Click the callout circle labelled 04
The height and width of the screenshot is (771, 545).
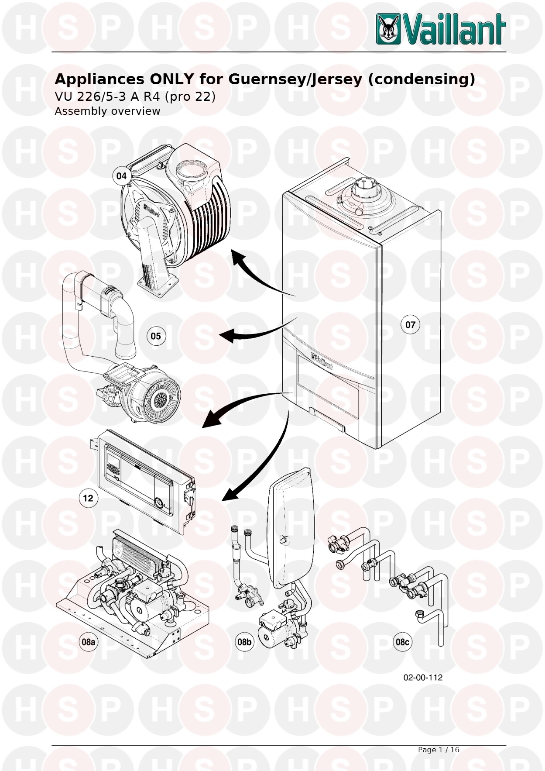click(121, 176)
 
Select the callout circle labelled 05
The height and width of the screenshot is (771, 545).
click(156, 336)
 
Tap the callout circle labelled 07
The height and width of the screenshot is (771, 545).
click(410, 325)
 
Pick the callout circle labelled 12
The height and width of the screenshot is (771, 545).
click(88, 498)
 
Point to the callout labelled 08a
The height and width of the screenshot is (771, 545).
click(89, 642)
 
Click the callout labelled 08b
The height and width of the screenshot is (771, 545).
click(244, 642)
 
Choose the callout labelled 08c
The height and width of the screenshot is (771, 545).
click(402, 642)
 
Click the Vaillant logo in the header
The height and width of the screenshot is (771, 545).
click(441, 29)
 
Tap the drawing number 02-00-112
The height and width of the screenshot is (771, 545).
click(423, 678)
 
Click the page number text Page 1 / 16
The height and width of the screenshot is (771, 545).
click(439, 750)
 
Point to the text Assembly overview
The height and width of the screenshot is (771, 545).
click(107, 111)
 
